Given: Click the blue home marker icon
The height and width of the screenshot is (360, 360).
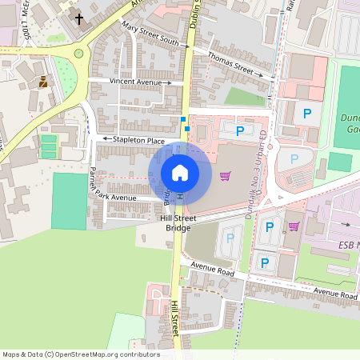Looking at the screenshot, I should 180,173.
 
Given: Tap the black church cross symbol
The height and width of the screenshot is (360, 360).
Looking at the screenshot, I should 79,17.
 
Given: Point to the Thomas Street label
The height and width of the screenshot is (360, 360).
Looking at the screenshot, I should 230,62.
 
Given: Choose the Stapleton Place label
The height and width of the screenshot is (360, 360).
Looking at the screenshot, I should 139,140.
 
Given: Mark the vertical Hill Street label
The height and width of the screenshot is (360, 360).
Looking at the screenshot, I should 174,318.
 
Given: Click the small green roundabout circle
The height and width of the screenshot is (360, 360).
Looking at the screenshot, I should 78,54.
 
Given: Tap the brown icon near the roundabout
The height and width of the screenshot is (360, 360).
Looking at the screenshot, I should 42,81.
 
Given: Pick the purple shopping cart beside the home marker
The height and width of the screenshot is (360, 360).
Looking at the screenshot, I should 226,175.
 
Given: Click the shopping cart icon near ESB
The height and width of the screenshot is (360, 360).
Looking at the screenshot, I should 294,226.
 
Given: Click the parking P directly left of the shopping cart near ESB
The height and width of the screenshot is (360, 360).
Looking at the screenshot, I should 270,227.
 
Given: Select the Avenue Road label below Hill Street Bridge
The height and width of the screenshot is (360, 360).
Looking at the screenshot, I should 213,272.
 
